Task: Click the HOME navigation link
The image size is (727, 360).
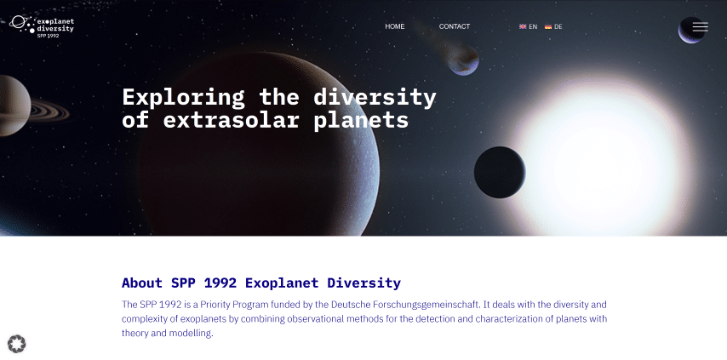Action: click(394, 26)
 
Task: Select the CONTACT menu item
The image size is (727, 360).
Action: click(455, 26)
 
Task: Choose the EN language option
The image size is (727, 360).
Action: click(528, 26)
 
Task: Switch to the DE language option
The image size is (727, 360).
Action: click(553, 26)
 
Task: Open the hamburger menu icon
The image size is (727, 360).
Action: click(700, 27)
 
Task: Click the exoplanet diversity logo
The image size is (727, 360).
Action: click(42, 26)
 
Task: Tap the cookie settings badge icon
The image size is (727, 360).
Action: click(17, 344)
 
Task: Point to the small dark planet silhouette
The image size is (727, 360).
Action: click(500, 172)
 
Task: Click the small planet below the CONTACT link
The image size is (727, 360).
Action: click(463, 60)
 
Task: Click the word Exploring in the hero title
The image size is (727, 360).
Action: click(183, 98)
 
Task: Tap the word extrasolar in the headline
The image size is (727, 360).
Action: click(231, 121)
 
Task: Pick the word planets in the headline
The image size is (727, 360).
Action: click(361, 121)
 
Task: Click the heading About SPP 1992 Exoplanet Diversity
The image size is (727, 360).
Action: click(261, 283)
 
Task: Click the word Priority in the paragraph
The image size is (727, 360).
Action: click(215, 305)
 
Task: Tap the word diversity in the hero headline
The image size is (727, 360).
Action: click(375, 98)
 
